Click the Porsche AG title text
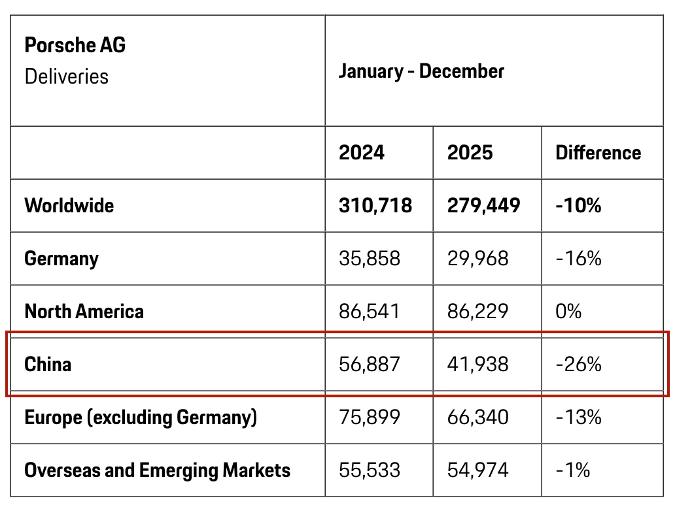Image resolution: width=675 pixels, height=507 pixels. point(75,45)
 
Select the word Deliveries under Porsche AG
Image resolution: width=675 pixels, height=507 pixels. point(66,76)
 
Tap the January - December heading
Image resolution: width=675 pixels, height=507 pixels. point(421,71)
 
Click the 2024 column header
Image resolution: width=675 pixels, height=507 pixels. point(362,153)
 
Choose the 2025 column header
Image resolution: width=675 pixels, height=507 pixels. point(470,153)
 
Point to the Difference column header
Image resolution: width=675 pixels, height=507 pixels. point(598,153)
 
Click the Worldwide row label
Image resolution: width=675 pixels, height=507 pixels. point(69,205)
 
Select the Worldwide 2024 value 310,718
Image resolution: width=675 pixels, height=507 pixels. point(375,205)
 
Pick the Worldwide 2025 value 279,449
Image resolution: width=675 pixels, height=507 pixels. point(483,205)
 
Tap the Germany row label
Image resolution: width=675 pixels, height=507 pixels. point(61,258)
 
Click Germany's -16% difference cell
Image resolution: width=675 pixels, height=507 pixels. point(578,258)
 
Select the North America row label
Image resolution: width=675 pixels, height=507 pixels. point(84,311)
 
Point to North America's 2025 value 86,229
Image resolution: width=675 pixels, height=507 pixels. point(477,311)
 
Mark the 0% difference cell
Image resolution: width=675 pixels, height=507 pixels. point(568,311)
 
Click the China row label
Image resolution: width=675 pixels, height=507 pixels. point(48,364)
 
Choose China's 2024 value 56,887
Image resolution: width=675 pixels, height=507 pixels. point(369,364)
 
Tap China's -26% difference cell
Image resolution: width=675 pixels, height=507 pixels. point(578,364)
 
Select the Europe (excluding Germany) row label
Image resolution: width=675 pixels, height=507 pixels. point(141,417)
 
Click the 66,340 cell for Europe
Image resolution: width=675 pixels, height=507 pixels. point(477,417)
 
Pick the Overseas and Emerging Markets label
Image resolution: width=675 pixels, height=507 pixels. point(157,470)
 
